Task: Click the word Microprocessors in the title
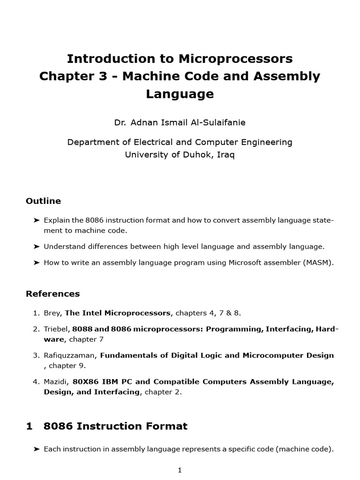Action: [x=235, y=59]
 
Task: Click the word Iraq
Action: [x=225, y=154]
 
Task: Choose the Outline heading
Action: [x=43, y=201]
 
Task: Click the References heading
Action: [x=52, y=294]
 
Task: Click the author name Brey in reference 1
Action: [x=52, y=312]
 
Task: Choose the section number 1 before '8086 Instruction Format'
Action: [x=29, y=426]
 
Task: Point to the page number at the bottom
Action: [x=180, y=471]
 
